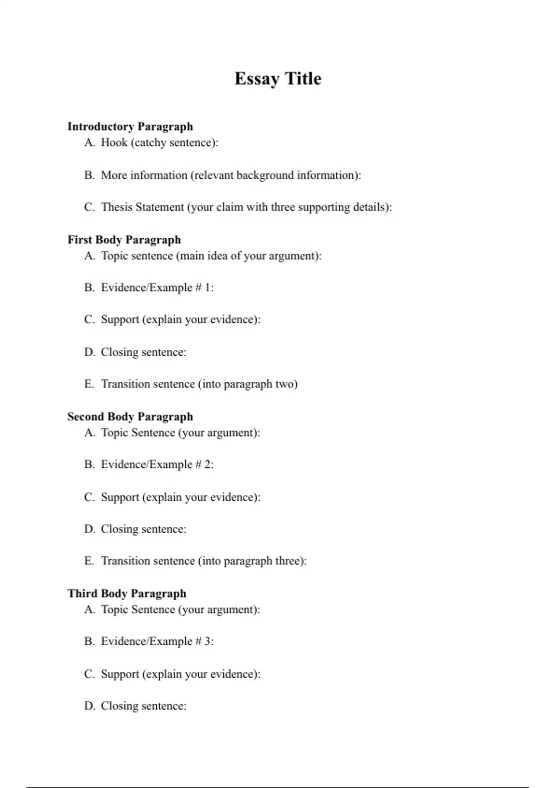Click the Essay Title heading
coord(278,79)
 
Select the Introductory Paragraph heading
coord(130,127)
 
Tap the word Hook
coord(114,142)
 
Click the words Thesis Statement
coord(142,207)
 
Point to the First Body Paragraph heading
coord(124,240)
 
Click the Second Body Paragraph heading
coord(130,416)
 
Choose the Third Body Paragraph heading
coord(127,593)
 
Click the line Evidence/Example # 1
coord(157,287)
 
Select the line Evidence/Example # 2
coord(157,464)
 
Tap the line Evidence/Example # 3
coord(157,641)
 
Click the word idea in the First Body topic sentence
coord(217,255)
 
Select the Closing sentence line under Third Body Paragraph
coord(144,706)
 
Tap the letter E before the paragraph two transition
coord(89,384)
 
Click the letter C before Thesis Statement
coord(89,207)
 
